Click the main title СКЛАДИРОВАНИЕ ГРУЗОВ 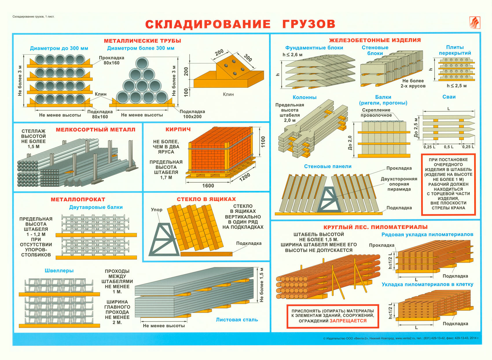[240, 24]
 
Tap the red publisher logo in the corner [474, 23]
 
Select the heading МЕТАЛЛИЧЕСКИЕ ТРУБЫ [142, 41]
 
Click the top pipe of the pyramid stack [142, 63]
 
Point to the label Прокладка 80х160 [111, 60]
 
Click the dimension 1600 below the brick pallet [208, 186]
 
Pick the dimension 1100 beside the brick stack [263, 142]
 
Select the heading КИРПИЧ [178, 129]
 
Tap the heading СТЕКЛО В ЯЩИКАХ [206, 199]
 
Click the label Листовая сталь [237, 320]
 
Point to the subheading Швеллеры [59, 270]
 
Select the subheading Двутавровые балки [96, 207]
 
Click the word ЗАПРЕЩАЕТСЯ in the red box [348, 321]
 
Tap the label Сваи [449, 97]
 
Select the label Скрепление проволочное [376, 112]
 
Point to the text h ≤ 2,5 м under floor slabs [456, 86]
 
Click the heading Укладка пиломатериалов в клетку [427, 284]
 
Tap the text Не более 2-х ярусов [413, 83]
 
